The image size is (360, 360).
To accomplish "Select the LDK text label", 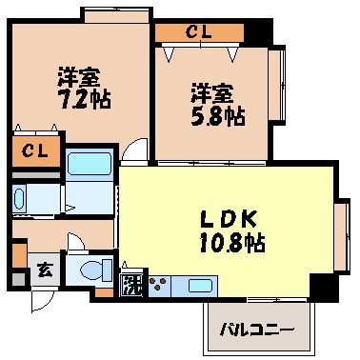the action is tap(225, 217).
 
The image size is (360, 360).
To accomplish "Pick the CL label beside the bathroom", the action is tap(35, 151).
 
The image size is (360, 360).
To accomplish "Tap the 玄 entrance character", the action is tap(43, 270).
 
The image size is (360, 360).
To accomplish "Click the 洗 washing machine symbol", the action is tap(130, 284).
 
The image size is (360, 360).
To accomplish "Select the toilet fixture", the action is tap(91, 270).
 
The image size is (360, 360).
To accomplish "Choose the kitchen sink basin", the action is tap(199, 285).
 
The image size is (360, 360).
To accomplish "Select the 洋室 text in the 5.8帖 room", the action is tap(210, 93).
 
